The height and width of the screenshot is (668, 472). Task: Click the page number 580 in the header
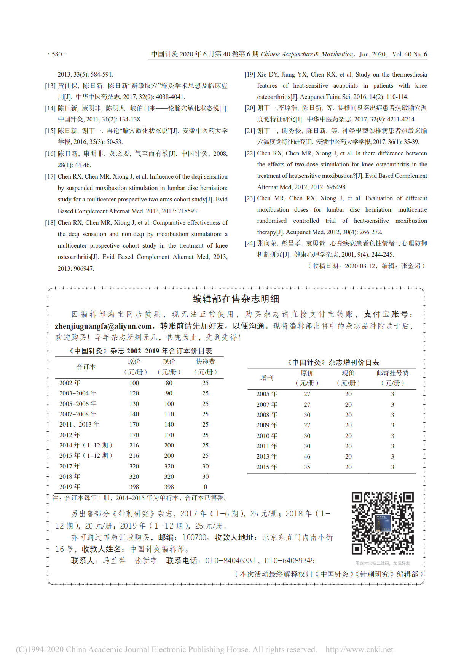coord(57,54)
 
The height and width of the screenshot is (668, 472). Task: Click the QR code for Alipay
coord(382,523)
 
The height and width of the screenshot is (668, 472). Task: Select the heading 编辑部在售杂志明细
coord(236,299)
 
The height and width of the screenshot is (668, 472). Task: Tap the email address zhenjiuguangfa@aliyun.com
coord(103,326)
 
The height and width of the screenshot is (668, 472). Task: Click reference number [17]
coord(50,177)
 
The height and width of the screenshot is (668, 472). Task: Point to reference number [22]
coord(250,153)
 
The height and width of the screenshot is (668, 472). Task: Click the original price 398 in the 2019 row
coord(134,487)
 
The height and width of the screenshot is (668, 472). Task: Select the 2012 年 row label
coord(70,435)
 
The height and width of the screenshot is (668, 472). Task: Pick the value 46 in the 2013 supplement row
coord(307,456)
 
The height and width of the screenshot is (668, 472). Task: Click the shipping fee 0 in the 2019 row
coord(206,487)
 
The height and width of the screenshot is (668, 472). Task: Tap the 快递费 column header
coord(206,362)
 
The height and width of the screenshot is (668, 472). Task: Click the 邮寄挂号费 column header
coord(392,373)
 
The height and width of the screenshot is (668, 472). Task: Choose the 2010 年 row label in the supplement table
coord(267,436)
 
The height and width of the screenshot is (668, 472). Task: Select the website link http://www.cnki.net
coord(359,649)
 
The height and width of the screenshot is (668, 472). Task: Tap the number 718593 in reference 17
coord(188,211)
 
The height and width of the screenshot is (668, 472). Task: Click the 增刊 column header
coord(267,378)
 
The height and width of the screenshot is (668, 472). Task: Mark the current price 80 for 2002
coord(169,383)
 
